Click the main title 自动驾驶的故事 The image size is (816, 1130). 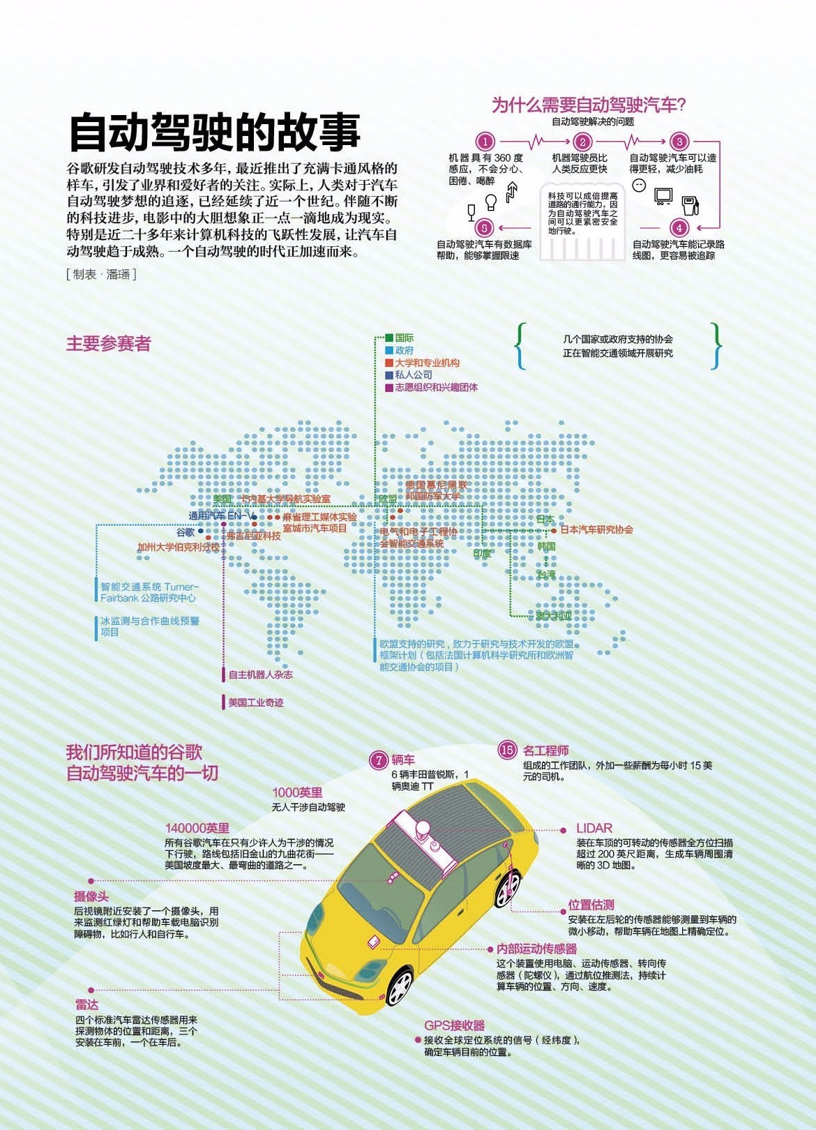pos(215,132)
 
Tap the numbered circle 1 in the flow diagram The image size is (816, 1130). pos(485,142)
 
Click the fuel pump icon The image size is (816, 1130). pos(690,204)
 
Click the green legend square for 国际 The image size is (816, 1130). pos(389,338)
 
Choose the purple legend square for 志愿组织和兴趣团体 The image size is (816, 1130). pos(389,388)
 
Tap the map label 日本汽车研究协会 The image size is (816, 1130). pos(596,529)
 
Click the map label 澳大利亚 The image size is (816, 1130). pos(554,616)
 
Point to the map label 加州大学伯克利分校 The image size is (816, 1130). pos(178,548)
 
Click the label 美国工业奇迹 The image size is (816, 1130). pos(256,702)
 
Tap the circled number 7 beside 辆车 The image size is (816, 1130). pos(378,760)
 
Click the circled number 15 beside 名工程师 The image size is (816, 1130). pos(507,751)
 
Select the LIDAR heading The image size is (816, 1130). pos(594,828)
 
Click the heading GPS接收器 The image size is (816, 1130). pos(454,1025)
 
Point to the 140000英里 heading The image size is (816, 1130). pos(197,828)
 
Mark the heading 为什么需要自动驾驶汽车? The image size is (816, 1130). pos(589,105)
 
